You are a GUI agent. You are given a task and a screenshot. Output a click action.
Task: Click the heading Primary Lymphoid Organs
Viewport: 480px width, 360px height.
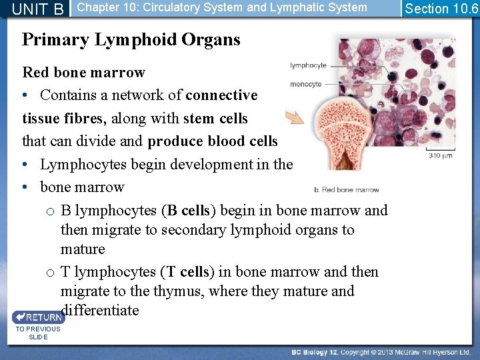131,40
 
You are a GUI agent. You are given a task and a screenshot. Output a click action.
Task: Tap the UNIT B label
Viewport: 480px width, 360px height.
39,9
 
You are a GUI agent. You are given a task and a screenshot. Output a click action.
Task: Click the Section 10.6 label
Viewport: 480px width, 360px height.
441,9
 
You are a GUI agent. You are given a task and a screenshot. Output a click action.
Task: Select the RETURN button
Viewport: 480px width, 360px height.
38,317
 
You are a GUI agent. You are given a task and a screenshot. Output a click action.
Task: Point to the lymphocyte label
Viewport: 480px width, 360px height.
308,65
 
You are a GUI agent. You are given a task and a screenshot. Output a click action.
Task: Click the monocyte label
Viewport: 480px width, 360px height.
306,85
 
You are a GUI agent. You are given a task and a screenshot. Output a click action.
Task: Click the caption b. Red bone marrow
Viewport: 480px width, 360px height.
346,190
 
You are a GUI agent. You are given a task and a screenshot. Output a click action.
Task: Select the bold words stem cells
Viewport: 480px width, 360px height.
215,119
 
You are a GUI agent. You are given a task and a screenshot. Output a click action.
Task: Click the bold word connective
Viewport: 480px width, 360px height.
221,95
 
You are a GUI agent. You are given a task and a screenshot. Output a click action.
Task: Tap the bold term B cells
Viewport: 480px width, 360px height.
188,211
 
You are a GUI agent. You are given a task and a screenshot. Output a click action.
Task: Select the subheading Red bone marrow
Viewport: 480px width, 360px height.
83,72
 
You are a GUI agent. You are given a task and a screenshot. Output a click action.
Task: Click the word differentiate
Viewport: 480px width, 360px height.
100,311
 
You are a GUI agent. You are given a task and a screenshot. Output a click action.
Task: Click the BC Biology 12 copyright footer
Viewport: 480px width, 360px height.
381,351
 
